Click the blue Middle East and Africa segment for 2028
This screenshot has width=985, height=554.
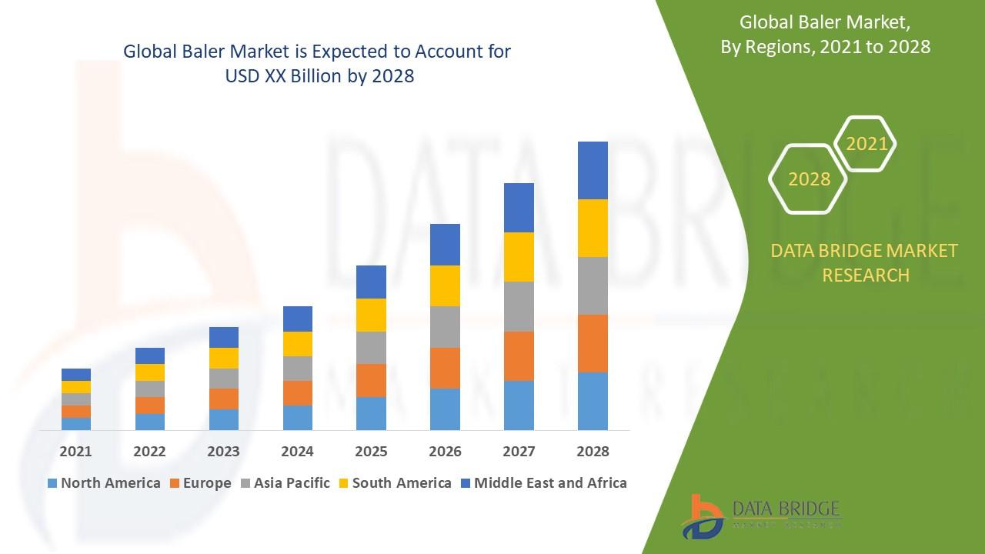point(593,170)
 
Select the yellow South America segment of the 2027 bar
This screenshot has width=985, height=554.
point(519,256)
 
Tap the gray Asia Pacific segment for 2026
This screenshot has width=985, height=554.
point(445,327)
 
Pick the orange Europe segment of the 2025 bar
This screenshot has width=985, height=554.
point(371,380)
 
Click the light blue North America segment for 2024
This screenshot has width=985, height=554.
point(298,417)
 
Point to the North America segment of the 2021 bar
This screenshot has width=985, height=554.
point(76,423)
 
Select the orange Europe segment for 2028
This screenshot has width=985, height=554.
point(593,343)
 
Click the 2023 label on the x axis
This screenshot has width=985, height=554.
point(223,452)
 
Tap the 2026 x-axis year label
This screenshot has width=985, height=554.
point(445,452)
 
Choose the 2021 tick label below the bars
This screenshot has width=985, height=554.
point(76,452)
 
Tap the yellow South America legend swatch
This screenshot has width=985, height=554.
point(343,483)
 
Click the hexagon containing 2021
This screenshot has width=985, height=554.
point(866,144)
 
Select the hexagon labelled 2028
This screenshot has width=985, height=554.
point(809,179)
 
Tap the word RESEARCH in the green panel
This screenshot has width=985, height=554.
point(866,275)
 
